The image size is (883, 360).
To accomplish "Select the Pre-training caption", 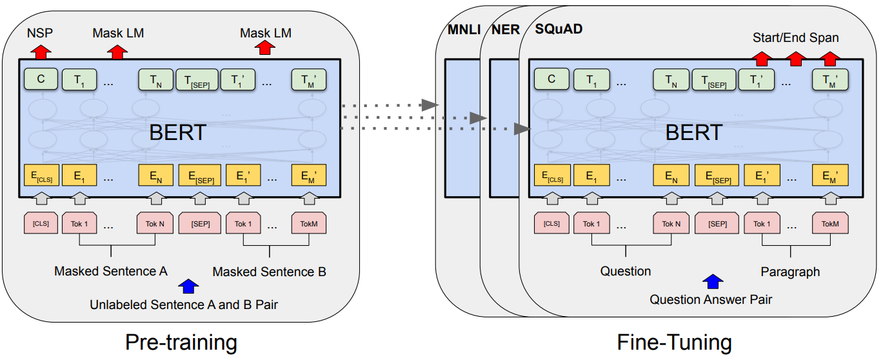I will tap(181, 341).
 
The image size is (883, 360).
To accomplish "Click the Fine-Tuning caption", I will tap(674, 341).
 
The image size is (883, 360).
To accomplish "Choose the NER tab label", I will tap(504, 30).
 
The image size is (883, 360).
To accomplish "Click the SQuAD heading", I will tap(559, 30).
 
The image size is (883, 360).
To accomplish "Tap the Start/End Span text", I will tap(795, 37).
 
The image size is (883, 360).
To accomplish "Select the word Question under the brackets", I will tap(626, 271).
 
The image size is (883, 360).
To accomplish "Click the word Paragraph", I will tap(790, 272).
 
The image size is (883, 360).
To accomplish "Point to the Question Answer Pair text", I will tap(711, 299).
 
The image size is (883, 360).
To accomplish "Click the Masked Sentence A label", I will tap(110, 271).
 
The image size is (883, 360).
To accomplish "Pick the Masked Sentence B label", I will tap(269, 272).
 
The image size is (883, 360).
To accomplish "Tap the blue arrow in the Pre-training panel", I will tap(189, 285).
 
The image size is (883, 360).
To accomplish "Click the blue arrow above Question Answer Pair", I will tap(713, 281).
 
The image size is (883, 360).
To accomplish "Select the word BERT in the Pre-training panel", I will tap(177, 132).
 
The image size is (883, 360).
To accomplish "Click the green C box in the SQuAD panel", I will tap(551, 79).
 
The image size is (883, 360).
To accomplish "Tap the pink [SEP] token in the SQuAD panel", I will tap(717, 223).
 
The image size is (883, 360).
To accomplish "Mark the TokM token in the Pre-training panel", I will tap(309, 223).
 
